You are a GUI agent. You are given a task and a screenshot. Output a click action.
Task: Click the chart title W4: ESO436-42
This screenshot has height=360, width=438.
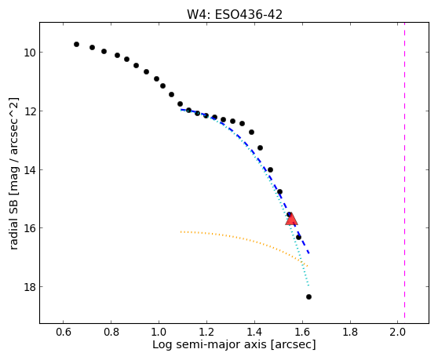pos(235,15)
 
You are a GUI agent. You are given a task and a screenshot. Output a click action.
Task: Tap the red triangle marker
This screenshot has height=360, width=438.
pos(291,219)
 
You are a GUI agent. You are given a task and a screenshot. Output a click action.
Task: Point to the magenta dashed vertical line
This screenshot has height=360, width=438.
pos(404,170)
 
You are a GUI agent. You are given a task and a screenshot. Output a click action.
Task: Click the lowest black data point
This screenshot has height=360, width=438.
pos(308,296)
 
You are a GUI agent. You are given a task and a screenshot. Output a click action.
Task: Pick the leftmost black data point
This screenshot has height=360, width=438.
pos(77,44)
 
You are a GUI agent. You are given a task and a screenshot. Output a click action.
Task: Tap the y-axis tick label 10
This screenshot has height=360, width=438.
pos(29,53)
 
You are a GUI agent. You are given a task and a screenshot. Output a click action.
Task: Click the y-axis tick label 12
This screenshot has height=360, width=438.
pos(29,111)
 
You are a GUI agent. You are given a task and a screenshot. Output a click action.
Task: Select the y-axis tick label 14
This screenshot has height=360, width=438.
pos(29,169)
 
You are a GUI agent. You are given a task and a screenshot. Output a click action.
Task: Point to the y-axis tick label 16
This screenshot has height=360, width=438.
pos(29,228)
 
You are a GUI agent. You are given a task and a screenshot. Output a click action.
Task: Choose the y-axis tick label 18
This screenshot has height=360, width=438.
pos(29,287)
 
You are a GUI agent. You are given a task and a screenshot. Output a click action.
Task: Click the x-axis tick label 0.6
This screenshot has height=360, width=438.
pos(64,332)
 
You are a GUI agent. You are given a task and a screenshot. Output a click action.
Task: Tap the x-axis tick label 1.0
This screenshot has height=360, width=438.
pos(159,332)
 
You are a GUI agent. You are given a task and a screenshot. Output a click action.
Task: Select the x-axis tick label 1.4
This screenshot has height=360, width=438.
pos(254,332)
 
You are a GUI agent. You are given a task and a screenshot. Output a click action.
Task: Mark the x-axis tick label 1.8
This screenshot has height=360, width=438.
pos(350,332)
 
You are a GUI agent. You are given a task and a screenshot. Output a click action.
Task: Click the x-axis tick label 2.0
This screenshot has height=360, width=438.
pos(398,332)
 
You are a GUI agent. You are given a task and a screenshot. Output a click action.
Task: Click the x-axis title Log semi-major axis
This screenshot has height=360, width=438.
pos(210,345)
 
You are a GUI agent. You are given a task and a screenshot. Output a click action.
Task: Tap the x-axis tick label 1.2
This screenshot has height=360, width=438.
pos(206,332)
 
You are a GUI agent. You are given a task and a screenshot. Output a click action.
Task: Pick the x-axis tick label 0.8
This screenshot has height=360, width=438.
pos(111,332)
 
